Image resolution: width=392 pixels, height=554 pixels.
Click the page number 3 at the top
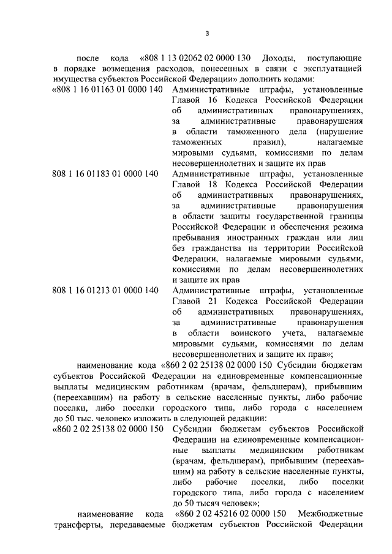[207, 32]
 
